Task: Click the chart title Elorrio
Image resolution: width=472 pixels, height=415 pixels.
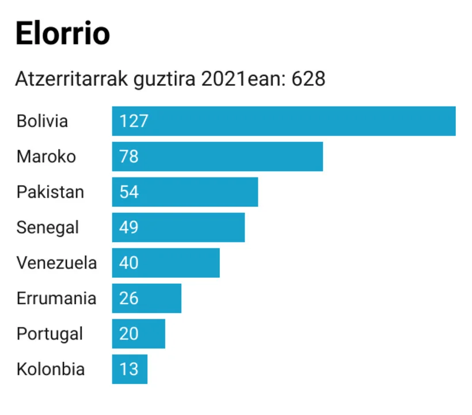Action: click(62, 34)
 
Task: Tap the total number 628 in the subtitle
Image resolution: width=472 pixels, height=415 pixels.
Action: click(309, 79)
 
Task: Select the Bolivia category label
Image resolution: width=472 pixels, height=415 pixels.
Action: click(42, 121)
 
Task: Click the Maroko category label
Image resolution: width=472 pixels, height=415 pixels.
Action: click(46, 156)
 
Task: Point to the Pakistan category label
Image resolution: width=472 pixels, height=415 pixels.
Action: click(50, 192)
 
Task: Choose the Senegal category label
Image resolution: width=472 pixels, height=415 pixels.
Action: click(48, 227)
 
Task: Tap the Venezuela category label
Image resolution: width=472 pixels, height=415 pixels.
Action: click(56, 263)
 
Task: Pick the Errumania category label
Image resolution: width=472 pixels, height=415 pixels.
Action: click(56, 299)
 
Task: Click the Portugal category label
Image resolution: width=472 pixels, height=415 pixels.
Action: click(50, 334)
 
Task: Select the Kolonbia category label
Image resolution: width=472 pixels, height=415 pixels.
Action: click(51, 369)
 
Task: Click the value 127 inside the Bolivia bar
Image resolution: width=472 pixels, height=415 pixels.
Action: click(134, 121)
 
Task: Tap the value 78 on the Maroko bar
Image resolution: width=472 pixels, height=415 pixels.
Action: click(129, 156)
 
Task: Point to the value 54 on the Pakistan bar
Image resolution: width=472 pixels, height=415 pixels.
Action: click(129, 192)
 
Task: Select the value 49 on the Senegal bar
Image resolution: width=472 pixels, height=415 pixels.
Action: click(129, 227)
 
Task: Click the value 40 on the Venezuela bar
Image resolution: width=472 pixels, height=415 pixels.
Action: click(129, 263)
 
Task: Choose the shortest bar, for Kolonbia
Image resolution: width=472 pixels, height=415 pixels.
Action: click(130, 369)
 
